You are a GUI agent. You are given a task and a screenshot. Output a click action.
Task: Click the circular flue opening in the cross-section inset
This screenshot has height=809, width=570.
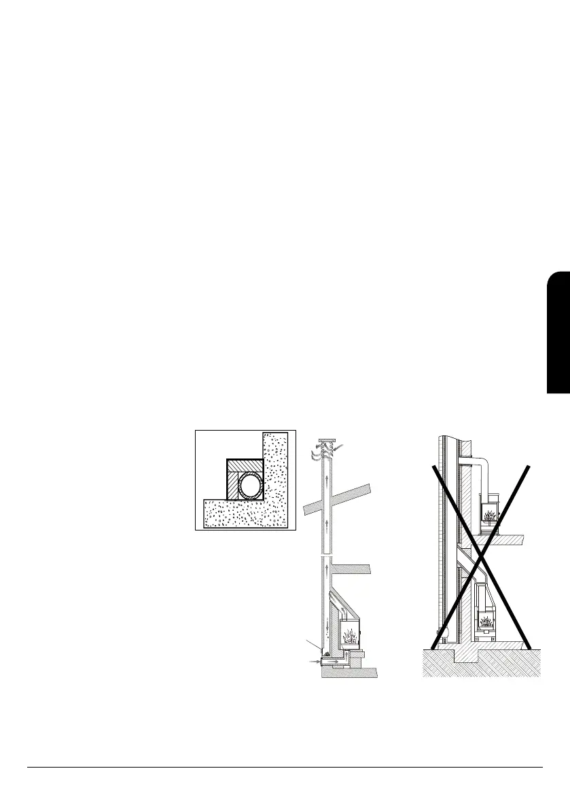point(251,488)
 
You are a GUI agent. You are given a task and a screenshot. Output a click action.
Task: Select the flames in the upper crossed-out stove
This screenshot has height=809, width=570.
point(490,513)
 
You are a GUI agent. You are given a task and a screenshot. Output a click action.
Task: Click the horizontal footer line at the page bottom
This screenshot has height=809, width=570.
point(285,768)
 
